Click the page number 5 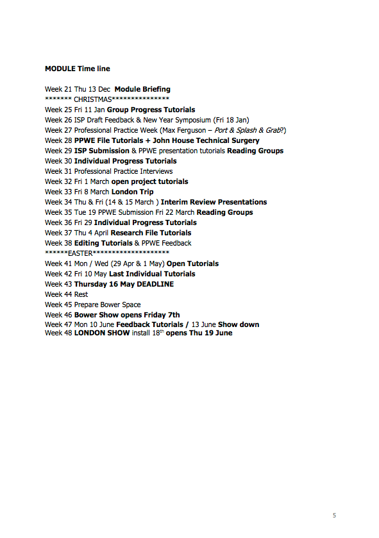pyautogui.click(x=334, y=515)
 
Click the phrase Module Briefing pyautogui.click(x=142, y=89)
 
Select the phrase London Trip pyautogui.click(x=133, y=192)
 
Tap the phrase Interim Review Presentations pyautogui.click(x=214, y=202)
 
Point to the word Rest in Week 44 pyautogui.click(x=81, y=294)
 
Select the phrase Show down pyautogui.click(x=239, y=324)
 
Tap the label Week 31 pyautogui.click(x=58, y=171)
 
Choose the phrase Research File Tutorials pyautogui.click(x=151, y=233)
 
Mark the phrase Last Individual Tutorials pyautogui.click(x=152, y=274)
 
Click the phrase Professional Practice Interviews pyautogui.click(x=123, y=171)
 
